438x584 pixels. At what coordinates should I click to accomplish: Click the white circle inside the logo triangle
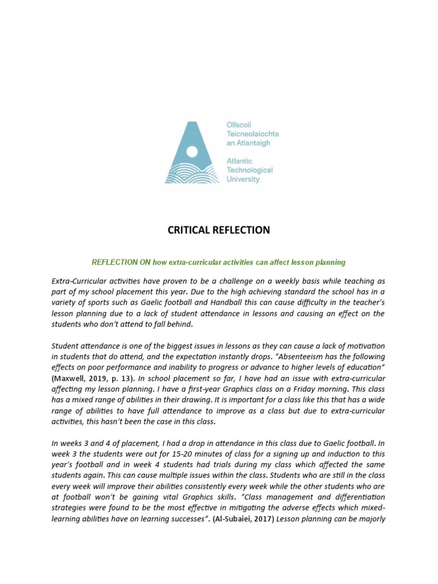[x=192, y=151]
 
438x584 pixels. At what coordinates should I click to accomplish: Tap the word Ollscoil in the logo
[x=240, y=124]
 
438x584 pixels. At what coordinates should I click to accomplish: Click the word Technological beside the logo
[x=250, y=170]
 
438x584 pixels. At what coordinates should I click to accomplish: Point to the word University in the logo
[x=244, y=179]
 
